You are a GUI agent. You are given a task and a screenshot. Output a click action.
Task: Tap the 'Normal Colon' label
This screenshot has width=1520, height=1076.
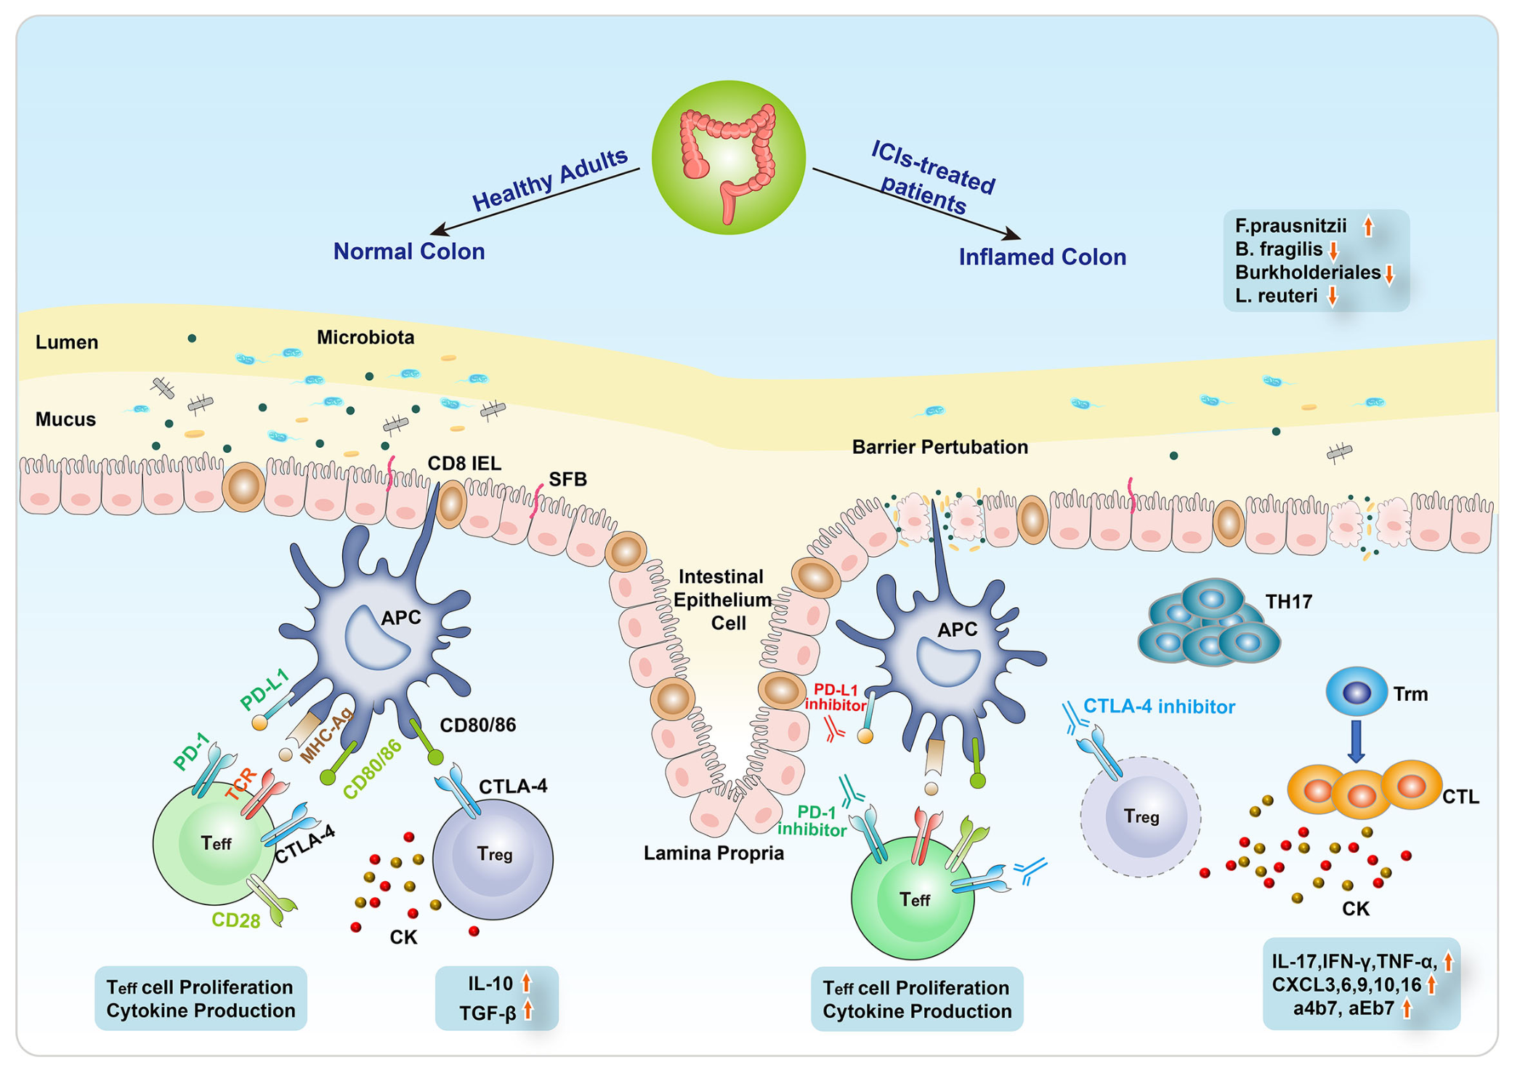coord(408,252)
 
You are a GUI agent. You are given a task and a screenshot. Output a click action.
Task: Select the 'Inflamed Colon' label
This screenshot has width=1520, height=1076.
coord(1042,257)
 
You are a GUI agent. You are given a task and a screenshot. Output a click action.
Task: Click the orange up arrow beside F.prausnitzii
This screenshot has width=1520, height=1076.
coord(1368,226)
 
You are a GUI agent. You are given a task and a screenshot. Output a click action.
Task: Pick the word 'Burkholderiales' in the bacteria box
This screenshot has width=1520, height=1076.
coord(1307,273)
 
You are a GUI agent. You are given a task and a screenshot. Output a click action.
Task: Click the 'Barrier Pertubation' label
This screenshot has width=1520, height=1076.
coord(939,447)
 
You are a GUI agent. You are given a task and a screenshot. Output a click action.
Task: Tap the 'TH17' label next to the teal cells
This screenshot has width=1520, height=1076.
coord(1288,602)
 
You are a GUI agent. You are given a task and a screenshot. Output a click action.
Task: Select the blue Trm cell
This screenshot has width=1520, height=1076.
coord(1356,691)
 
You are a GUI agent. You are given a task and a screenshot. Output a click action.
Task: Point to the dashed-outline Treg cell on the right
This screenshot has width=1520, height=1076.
coord(1140,816)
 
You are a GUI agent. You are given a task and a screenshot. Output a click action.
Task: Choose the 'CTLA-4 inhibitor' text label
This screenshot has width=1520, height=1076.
coord(1159,707)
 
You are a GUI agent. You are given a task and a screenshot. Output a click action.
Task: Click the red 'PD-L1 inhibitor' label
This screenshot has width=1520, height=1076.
coord(836,697)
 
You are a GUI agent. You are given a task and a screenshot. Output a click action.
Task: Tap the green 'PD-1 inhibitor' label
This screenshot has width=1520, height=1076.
coord(812,821)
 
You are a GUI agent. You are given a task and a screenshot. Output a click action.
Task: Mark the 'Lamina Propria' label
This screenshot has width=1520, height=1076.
coord(713,854)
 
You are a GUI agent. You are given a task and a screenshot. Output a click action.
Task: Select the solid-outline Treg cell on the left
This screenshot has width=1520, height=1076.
coord(493,858)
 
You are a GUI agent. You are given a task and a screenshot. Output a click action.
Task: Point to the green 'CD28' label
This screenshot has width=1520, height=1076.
coord(235,920)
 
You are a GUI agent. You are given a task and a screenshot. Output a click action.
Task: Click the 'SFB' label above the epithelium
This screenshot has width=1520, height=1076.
coord(567,480)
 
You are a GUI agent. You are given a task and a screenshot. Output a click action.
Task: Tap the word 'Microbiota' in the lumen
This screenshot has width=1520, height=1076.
coord(365,338)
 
